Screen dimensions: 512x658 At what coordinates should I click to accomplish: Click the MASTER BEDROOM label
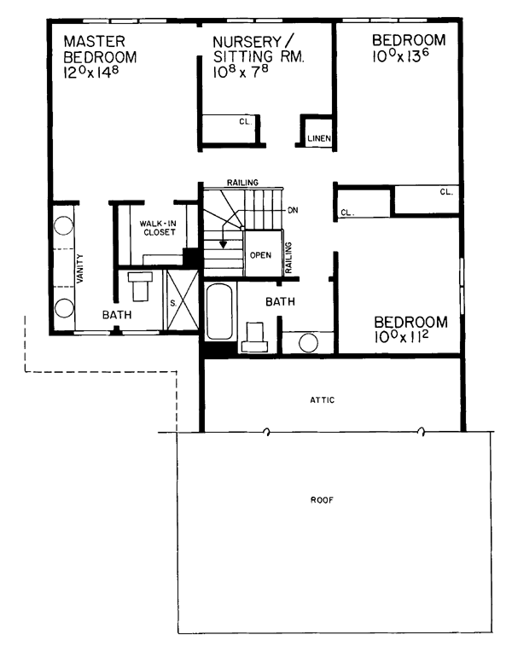pyautogui.click(x=101, y=49)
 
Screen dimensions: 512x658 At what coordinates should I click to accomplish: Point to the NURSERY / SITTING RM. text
pyautogui.click(x=259, y=49)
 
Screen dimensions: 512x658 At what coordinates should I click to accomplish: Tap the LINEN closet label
pyautogui.click(x=319, y=138)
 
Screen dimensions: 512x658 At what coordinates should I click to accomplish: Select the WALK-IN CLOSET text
pyautogui.click(x=158, y=228)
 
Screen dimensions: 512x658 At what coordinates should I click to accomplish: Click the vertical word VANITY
pyautogui.click(x=80, y=268)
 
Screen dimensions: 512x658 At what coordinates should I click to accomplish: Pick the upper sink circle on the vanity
pyautogui.click(x=64, y=225)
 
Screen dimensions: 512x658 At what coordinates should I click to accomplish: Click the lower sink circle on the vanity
pyautogui.click(x=64, y=307)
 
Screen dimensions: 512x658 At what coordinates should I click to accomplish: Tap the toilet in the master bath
pyautogui.click(x=140, y=285)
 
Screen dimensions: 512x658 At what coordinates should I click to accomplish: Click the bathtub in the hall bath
pyautogui.click(x=219, y=312)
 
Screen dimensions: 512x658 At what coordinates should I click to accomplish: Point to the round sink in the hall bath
pyautogui.click(x=308, y=343)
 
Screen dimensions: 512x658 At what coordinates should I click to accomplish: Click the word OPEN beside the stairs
pyautogui.click(x=260, y=255)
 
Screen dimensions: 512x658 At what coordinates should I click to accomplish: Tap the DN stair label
pyautogui.click(x=293, y=210)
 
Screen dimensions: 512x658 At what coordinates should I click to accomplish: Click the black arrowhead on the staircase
pyautogui.click(x=224, y=244)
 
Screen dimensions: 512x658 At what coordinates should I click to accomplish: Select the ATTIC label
pyautogui.click(x=323, y=400)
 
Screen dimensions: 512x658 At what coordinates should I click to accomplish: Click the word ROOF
pyautogui.click(x=322, y=500)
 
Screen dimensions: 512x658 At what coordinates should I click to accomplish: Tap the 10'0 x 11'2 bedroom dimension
pyautogui.click(x=401, y=337)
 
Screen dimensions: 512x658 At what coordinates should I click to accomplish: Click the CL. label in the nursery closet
pyautogui.click(x=245, y=122)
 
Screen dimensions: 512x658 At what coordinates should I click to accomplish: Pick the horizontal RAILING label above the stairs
pyautogui.click(x=242, y=183)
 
